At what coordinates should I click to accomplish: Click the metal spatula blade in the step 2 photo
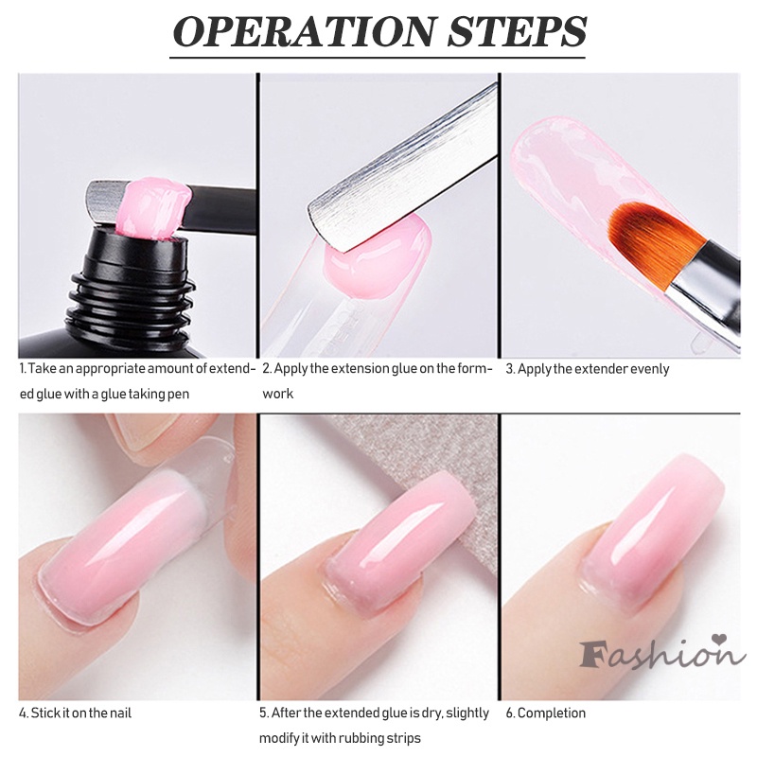pos(397,161)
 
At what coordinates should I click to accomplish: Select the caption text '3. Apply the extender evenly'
pos(587,369)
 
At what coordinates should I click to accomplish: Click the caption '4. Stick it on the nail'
pos(76,713)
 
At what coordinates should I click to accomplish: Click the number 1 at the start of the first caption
pos(22,369)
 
